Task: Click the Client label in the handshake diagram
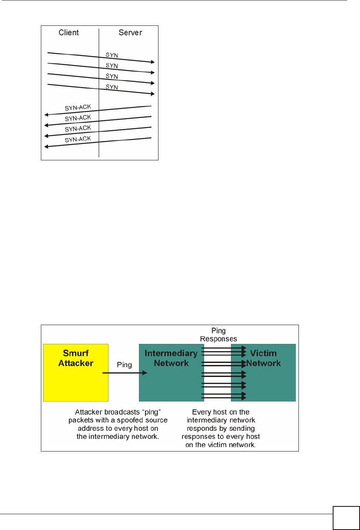69,32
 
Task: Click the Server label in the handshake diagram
130,32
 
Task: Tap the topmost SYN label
112,55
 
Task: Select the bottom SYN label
112,87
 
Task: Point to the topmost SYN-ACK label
78,107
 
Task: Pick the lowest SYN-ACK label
78,139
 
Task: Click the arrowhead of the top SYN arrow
153,62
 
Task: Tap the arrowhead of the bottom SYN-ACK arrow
46,147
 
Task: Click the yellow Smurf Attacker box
76,383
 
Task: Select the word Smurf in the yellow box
76,353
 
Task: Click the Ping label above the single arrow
124,365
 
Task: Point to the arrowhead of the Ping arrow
145,373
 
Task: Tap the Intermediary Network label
171,358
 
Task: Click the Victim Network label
263,358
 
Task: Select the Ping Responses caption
219,335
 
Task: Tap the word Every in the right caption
201,412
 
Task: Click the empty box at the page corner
346,518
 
